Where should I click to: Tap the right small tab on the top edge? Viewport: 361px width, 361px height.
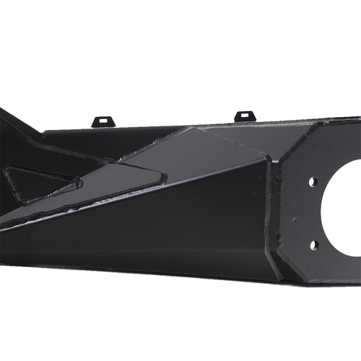click(x=245, y=116)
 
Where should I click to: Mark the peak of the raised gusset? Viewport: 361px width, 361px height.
click(x=191, y=129)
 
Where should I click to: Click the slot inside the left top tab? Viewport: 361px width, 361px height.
click(x=103, y=118)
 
